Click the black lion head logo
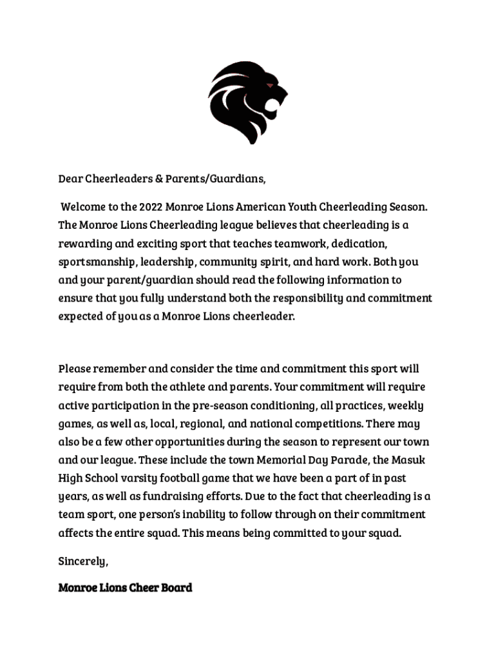click(x=247, y=102)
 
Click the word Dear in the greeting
click(x=71, y=178)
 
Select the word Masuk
click(x=412, y=460)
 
